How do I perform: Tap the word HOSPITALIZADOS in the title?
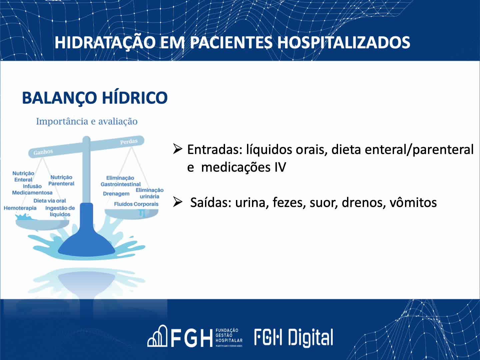343,43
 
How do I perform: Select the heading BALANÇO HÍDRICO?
95,98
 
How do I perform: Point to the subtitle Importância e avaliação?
87,121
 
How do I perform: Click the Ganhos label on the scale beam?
43,152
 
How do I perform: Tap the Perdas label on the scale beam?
129,142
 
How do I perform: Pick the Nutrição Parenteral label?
61,180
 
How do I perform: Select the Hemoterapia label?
20,208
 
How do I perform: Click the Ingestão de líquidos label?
60,211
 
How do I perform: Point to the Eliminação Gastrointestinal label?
120,181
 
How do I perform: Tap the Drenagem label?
116,194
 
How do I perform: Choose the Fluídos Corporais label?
136,204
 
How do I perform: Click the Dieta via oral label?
50,201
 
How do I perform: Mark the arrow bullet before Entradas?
178,149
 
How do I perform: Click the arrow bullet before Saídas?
178,202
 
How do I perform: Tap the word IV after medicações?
280,167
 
